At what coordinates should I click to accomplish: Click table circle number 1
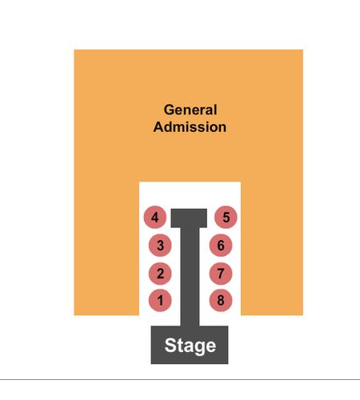160,300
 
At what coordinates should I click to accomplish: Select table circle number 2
160,274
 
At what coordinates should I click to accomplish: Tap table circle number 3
160,245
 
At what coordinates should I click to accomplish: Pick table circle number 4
155,217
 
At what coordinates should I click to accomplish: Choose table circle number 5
226,217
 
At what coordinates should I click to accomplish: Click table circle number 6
221,245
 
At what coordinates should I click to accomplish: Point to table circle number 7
221,274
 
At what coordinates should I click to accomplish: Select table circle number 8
221,300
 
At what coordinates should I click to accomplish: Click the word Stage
190,346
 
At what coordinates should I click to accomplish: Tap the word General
190,110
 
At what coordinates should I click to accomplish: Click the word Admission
190,127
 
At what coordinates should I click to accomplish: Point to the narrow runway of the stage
190,277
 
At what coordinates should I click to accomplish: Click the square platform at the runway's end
189,218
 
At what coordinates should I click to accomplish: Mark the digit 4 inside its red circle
155,218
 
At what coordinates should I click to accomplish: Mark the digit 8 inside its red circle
221,300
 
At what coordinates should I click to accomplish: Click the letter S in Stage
170,346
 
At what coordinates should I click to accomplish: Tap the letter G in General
169,110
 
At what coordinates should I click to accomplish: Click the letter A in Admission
159,127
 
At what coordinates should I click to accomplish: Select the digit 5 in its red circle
226,218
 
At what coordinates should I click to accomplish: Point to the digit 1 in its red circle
160,301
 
